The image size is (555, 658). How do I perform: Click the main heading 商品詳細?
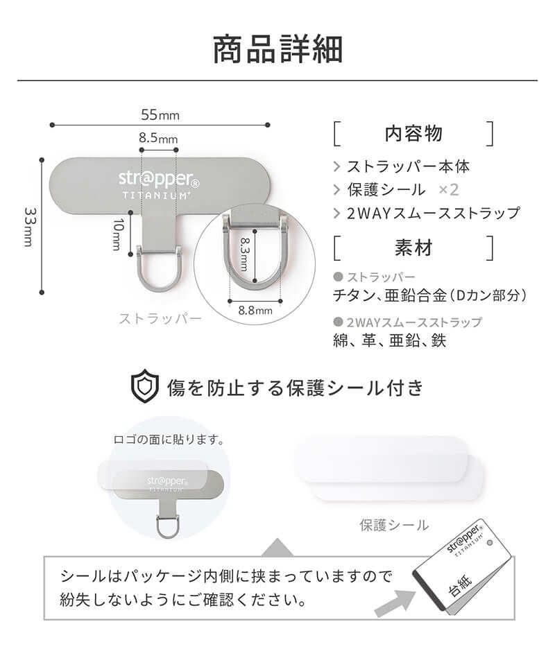(278, 49)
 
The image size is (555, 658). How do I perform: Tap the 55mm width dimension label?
(160, 114)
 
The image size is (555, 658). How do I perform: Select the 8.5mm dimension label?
(158, 138)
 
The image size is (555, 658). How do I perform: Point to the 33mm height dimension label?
(28, 227)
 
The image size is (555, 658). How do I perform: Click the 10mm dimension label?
(118, 234)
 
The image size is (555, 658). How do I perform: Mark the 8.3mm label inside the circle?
(244, 254)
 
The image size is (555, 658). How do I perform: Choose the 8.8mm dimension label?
(255, 311)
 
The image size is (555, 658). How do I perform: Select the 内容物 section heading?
(413, 133)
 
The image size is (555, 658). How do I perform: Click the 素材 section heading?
(413, 248)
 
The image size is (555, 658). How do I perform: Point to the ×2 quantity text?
(448, 190)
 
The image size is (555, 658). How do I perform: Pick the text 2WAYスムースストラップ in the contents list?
(434, 213)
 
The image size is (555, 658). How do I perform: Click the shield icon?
(145, 386)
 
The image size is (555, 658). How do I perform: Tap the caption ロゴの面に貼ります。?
(169, 440)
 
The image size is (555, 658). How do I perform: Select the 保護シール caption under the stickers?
(394, 525)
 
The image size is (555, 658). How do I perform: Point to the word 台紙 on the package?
(461, 585)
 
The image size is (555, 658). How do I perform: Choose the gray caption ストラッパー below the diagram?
(160, 318)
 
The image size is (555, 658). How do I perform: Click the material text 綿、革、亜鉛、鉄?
(390, 340)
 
